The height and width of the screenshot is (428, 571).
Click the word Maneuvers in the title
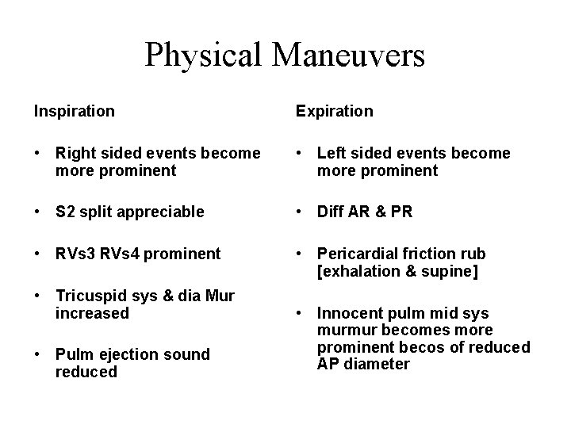(350, 55)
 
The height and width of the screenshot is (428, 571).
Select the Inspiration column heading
(74, 111)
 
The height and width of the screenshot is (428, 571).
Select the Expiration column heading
(334, 111)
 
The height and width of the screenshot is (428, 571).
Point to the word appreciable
(164, 212)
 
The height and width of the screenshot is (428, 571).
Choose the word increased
(92, 313)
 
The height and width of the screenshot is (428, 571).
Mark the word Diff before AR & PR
(333, 212)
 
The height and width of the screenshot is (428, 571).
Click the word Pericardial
(360, 254)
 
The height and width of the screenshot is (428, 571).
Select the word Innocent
(351, 312)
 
